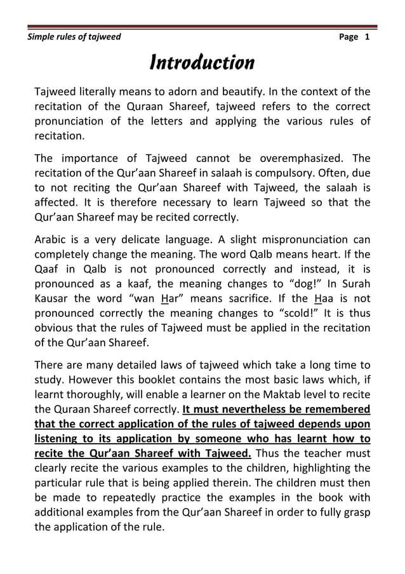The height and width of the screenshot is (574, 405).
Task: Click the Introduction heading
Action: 201,63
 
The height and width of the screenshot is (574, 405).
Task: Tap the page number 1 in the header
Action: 366,37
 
